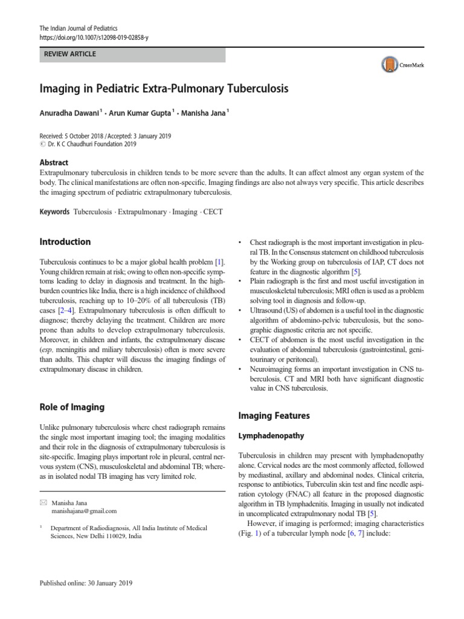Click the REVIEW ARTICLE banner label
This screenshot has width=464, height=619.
coord(69,54)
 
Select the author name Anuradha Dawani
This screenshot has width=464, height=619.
coord(72,112)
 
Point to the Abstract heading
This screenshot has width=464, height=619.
coord(54,163)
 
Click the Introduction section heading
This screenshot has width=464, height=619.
coord(65,242)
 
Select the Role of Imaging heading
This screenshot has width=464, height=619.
coord(71,407)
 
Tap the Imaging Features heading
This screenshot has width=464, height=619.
coord(274,416)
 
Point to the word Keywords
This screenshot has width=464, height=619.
coord(55,213)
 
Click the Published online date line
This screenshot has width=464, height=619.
coord(86,584)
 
